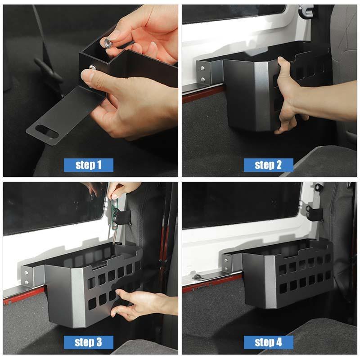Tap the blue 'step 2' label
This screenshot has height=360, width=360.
[x=268, y=165]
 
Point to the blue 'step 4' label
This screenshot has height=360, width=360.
[x=268, y=342]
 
